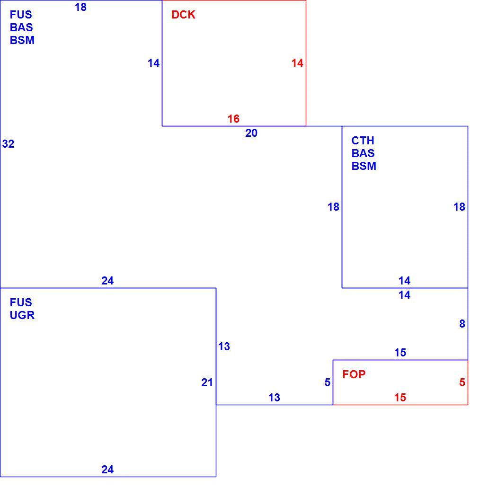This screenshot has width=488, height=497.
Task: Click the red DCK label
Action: [183, 15]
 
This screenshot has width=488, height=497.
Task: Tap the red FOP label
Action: [354, 374]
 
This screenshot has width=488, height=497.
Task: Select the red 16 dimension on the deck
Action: [233, 119]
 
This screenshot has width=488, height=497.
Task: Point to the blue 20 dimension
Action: [251, 133]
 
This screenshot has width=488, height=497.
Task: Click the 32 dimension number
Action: [8, 144]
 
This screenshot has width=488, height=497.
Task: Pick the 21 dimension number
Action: [207, 382]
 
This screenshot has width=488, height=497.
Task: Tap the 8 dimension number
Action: [462, 324]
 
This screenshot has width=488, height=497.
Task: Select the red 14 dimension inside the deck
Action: [297, 63]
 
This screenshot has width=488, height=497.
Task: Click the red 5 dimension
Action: [462, 382]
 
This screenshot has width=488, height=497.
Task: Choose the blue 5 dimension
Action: [328, 382]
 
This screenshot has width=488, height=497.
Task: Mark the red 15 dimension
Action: [400, 398]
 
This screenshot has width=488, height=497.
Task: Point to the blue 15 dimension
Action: [400, 353]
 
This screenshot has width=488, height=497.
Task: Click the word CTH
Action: [363, 141]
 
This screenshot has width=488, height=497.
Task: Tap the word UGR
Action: [22, 315]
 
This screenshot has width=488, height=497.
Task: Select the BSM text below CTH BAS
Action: [364, 166]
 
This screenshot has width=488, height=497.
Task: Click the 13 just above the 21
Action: [224, 346]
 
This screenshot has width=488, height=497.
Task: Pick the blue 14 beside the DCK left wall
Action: [153, 63]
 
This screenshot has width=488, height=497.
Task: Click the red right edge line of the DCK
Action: [306, 63]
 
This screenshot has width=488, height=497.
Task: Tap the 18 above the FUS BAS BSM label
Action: [80, 7]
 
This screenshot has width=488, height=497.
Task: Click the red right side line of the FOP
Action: [468, 382]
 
